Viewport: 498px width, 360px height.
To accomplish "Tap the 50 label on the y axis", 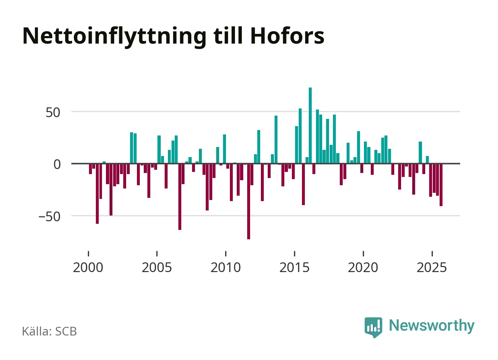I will coord(53,112).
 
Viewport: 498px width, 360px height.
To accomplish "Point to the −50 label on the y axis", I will coord(49,217).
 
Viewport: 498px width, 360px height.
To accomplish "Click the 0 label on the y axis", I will coord(57,164).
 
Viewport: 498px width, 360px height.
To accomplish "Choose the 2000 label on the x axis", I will coord(88,267).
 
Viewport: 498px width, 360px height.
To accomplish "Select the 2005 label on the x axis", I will coord(157,267).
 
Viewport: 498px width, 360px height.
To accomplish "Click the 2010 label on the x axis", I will coord(226,267).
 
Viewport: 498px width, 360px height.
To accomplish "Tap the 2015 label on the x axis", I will coord(294,267).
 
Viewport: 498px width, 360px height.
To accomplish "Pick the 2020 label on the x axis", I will coord(363,267).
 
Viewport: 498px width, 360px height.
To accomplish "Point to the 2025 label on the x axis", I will coord(432,267).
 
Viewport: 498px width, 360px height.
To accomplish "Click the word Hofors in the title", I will coord(287,36).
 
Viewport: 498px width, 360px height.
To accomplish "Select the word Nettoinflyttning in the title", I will coord(114,36).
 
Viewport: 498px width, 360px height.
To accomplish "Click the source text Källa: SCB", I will coord(49,331).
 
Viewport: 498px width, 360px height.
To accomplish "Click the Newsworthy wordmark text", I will coord(431,325).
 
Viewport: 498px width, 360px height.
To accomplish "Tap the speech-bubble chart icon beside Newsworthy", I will coord(373,327).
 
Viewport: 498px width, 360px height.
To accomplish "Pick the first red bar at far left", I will coord(90,169).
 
